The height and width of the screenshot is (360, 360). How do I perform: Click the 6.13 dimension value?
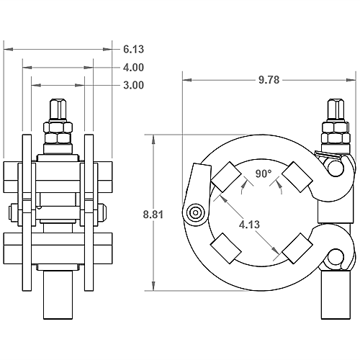pyautogui.click(x=133, y=50)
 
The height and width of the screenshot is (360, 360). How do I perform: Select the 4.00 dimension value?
pyautogui.click(x=133, y=68)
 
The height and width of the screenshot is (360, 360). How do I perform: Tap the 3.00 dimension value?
pyautogui.click(x=133, y=85)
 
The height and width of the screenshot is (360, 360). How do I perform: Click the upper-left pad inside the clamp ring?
pyautogui.click(x=225, y=175)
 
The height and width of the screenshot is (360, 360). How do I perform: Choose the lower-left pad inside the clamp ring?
pyautogui.click(x=225, y=249)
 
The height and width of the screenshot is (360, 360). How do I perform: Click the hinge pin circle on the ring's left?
pyautogui.click(x=194, y=212)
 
